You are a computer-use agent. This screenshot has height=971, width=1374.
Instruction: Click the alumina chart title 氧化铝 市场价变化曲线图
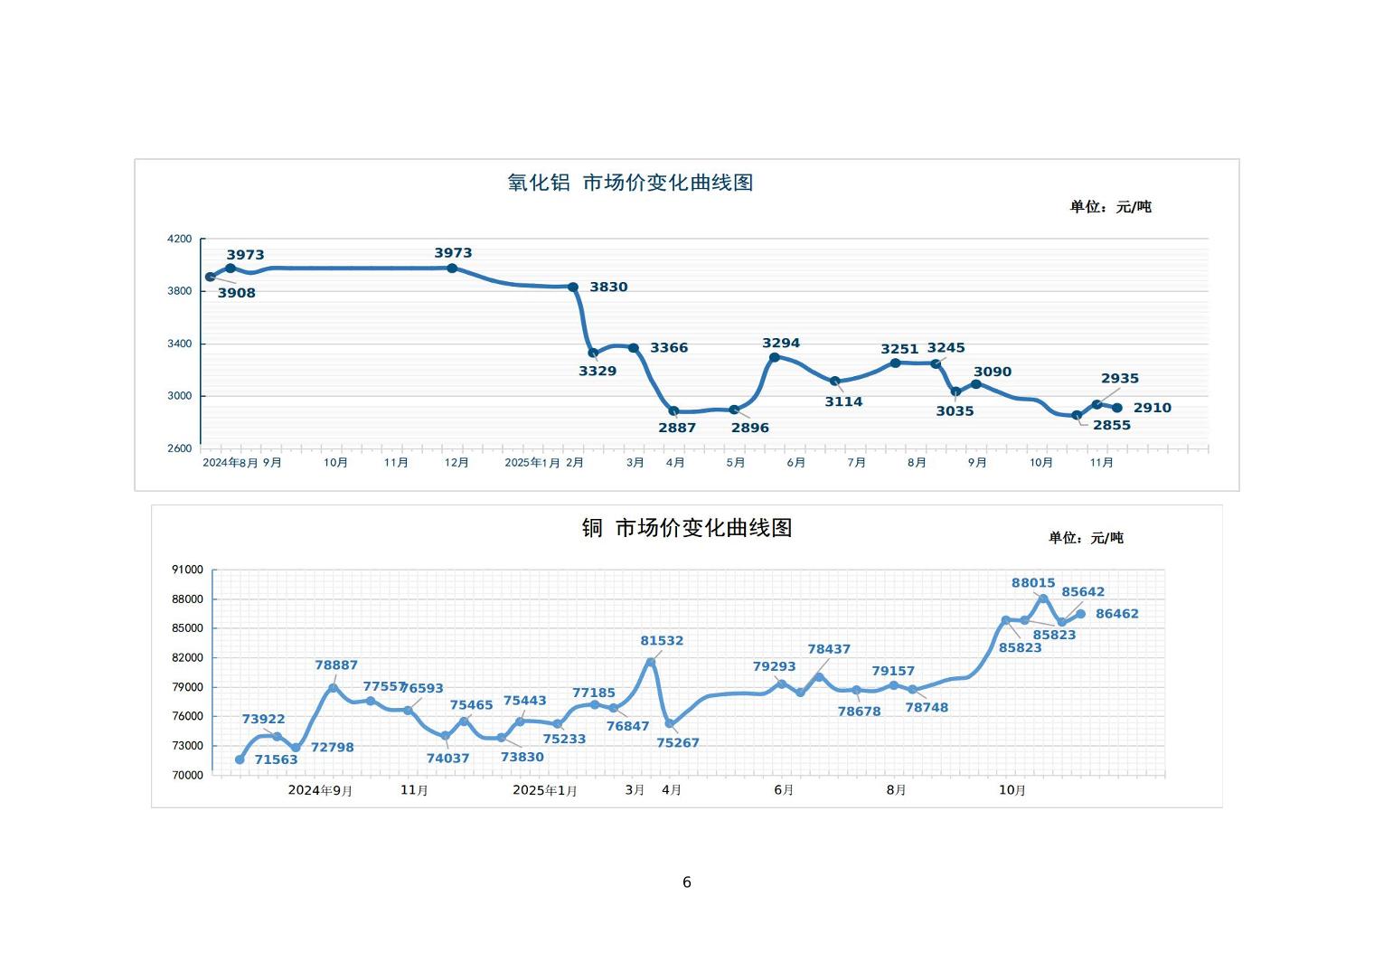point(630,183)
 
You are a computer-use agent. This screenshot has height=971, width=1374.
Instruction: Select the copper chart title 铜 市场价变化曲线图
point(686,528)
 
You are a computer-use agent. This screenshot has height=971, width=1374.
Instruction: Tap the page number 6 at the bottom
point(687,882)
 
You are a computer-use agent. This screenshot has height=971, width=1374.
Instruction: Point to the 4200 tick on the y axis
point(180,239)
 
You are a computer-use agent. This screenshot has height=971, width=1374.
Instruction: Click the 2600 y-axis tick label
point(180,448)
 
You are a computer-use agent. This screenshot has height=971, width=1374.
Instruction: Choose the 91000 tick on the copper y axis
point(187,570)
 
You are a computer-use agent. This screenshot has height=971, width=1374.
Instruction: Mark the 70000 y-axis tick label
point(187,776)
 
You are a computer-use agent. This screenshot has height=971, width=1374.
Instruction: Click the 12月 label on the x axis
point(456,463)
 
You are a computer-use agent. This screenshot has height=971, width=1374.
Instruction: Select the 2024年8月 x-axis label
point(230,463)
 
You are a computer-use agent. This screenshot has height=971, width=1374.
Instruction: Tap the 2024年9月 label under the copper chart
point(320,790)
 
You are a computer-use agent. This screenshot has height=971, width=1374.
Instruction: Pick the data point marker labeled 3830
point(573,288)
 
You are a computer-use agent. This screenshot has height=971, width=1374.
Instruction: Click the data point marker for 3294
point(775,357)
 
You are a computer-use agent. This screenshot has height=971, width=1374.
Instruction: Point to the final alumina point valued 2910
point(1117,408)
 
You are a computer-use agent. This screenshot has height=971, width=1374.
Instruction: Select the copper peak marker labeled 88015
point(1043,599)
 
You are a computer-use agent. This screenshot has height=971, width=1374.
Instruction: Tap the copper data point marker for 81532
point(651,662)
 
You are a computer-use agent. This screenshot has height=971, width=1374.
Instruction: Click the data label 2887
point(677,428)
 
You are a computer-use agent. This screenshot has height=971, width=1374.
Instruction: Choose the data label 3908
point(237,293)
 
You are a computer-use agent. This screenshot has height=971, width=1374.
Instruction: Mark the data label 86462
point(1117,614)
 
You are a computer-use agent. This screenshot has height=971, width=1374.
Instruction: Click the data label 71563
point(276,759)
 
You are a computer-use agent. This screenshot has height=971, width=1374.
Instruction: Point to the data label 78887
point(336,665)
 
